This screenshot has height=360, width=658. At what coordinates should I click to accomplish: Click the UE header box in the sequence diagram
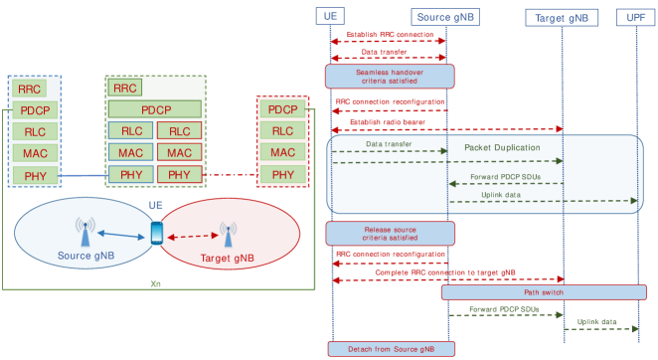pyautogui.click(x=331, y=17)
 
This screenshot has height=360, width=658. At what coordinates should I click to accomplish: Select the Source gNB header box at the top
pyautogui.click(x=446, y=17)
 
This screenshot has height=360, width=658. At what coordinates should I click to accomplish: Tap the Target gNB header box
pyautogui.click(x=562, y=17)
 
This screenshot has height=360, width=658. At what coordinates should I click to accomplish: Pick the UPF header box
pyautogui.click(x=635, y=17)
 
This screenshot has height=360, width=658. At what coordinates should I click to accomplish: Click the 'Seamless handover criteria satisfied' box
pyautogui.click(x=390, y=76)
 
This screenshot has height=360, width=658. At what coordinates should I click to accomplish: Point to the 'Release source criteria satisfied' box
pyautogui.click(x=390, y=233)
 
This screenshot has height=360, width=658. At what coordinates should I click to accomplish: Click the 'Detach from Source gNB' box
pyautogui.click(x=391, y=348)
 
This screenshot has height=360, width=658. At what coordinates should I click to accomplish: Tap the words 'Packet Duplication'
pyautogui.click(x=502, y=147)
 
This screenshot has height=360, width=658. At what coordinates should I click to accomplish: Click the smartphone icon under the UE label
pyautogui.click(x=156, y=232)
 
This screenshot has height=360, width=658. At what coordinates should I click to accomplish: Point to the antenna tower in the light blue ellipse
pyautogui.click(x=82, y=232)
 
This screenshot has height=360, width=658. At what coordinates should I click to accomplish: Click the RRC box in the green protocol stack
pyautogui.click(x=125, y=88)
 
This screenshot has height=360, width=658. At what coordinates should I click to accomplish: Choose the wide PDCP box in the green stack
pyautogui.click(x=155, y=109)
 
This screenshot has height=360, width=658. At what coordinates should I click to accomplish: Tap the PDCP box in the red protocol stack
pyautogui.click(x=283, y=109)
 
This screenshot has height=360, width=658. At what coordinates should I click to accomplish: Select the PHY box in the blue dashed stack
pyautogui.click(x=30, y=175)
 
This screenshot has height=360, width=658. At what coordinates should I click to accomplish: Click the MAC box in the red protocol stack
pyautogui.click(x=283, y=152)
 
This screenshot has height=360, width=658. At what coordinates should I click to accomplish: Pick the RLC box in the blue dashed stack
pyautogui.click(x=30, y=131)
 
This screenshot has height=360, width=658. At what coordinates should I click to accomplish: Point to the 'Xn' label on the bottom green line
pyautogui.click(x=155, y=283)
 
